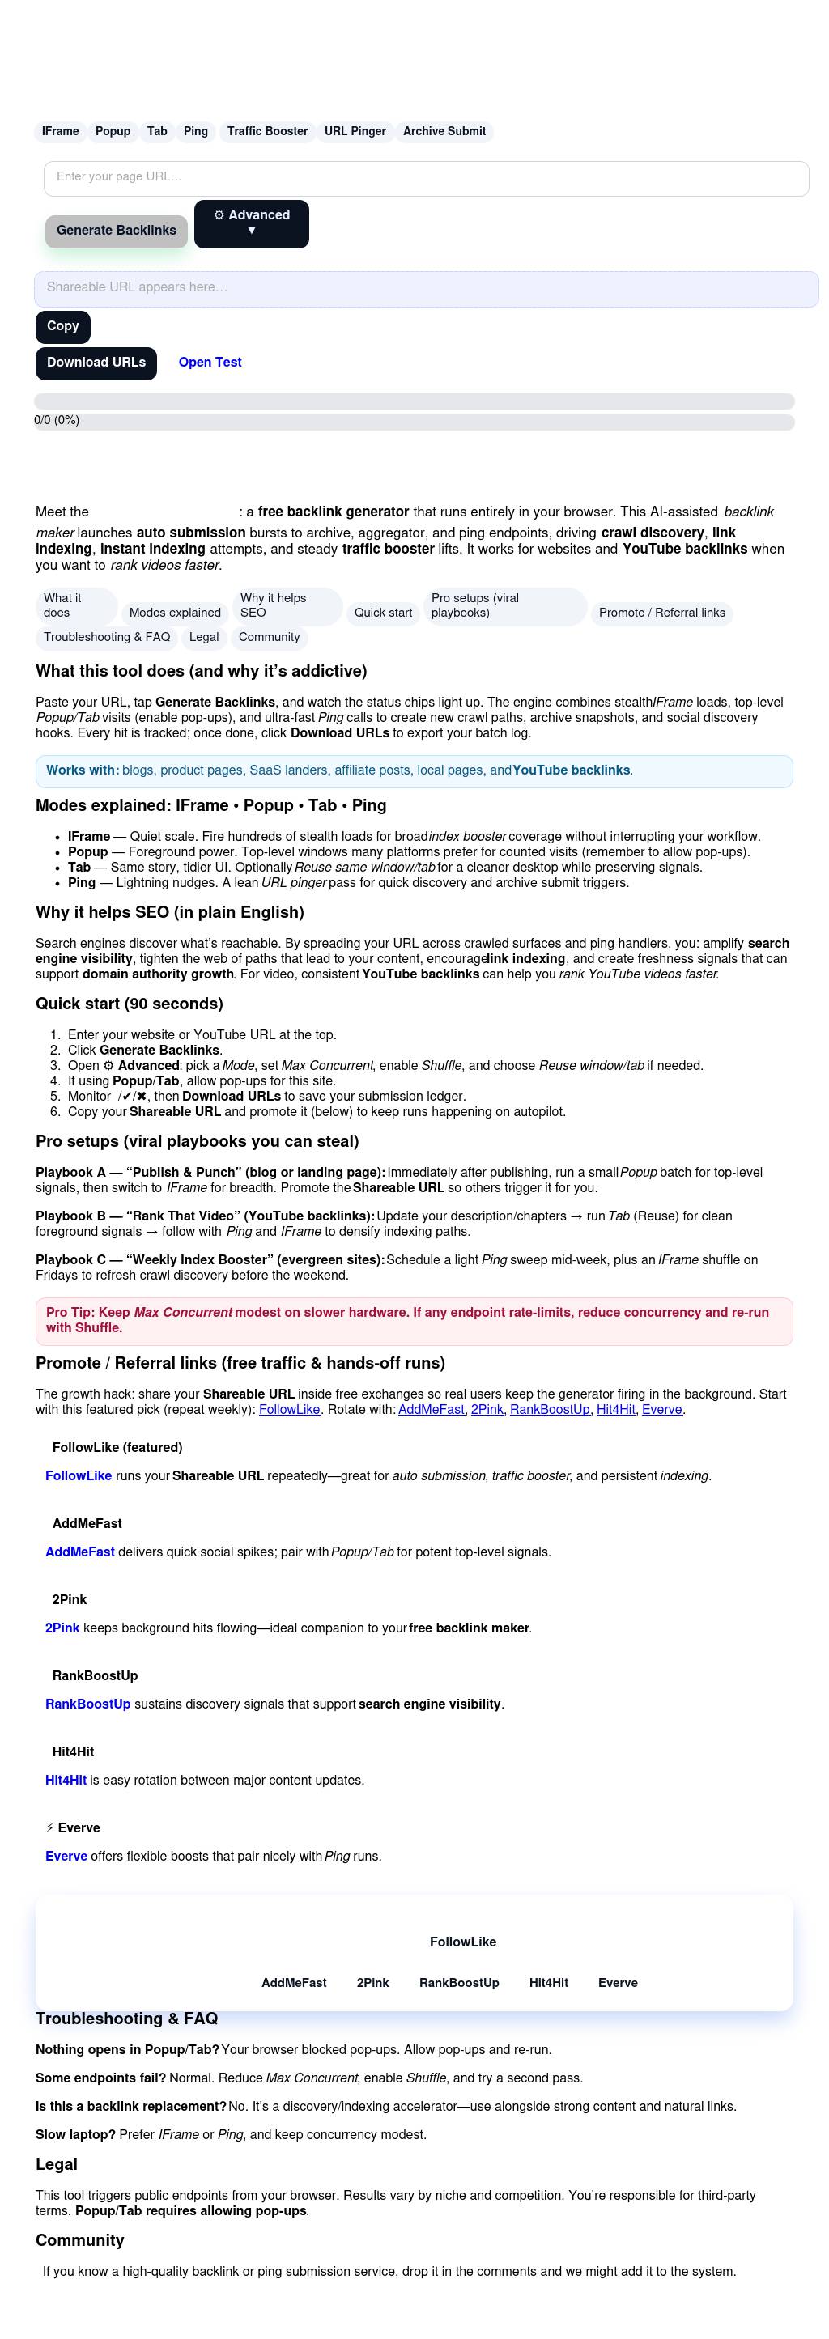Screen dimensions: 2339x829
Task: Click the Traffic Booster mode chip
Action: [x=267, y=132]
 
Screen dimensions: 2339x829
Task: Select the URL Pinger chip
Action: [x=355, y=132]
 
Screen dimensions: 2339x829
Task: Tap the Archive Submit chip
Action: [x=444, y=132]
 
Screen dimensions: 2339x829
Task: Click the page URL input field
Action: [x=426, y=178]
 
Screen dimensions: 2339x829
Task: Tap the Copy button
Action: [x=62, y=326]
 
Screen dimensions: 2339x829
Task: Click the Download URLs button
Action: [x=96, y=363]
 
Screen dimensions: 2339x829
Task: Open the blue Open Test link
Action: [x=210, y=363]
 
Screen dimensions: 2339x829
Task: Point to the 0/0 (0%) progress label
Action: [x=57, y=420]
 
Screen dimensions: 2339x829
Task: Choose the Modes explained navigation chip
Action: [x=175, y=613]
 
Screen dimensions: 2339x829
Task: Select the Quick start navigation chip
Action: [x=383, y=613]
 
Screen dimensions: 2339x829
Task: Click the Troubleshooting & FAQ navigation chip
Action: [x=107, y=638]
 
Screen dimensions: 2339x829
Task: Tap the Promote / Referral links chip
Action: [x=662, y=613]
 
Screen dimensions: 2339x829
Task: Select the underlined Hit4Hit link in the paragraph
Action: [x=615, y=1410]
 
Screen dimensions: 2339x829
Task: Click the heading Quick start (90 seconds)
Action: [x=129, y=1004]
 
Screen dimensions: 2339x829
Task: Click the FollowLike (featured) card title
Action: [x=117, y=1448]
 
